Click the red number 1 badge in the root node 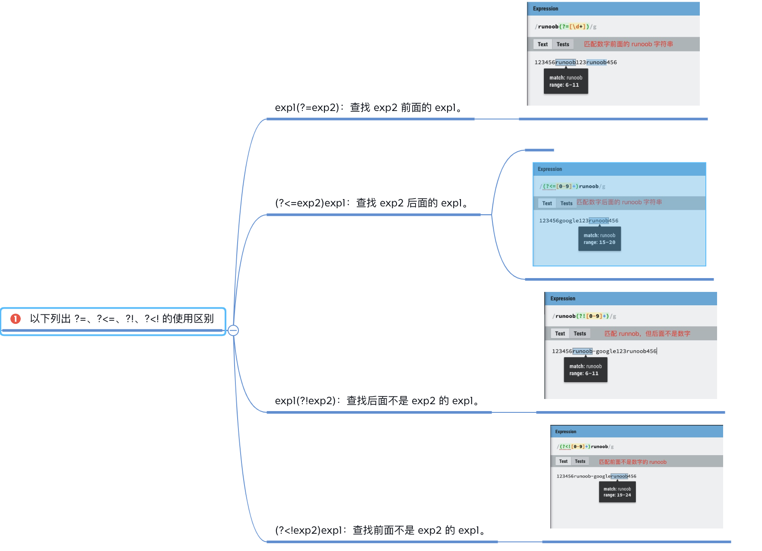click(16, 319)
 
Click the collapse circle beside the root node click(233, 330)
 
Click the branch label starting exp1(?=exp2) click(369, 108)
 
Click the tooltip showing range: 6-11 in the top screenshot click(566, 81)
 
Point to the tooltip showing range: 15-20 click(600, 239)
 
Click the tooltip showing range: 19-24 click(617, 492)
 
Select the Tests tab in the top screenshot click(563, 44)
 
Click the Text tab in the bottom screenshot click(563, 461)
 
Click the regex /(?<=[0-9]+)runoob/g click(572, 187)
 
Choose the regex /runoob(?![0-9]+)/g click(584, 316)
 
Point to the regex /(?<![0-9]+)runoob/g click(585, 446)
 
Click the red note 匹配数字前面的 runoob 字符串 click(629, 44)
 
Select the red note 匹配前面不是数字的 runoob click(633, 462)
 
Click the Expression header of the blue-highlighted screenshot click(550, 169)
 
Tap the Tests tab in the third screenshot click(580, 333)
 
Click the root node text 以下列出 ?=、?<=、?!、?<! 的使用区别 click(122, 319)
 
